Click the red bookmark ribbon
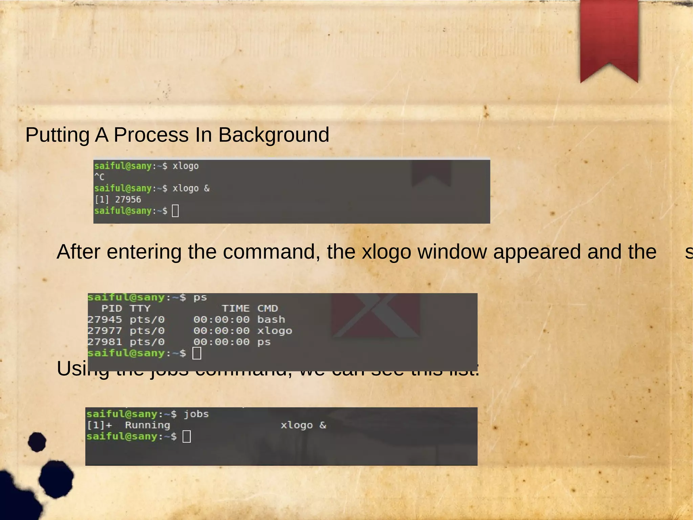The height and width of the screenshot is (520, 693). (609, 37)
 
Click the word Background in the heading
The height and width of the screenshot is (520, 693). (273, 135)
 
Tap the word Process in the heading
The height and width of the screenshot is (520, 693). (151, 135)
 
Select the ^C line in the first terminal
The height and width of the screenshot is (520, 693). (99, 177)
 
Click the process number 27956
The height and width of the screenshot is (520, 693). (128, 200)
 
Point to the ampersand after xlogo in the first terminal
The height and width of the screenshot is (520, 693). (207, 188)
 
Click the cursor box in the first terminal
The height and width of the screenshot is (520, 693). (175, 211)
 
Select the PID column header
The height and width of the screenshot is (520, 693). (112, 309)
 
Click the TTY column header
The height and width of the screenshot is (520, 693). (140, 309)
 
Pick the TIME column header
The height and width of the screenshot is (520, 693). (236, 309)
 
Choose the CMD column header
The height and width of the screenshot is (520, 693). (267, 309)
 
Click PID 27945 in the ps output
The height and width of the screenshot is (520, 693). (105, 320)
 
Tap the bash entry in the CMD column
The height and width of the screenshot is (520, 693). (271, 320)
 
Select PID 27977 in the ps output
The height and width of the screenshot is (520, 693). (105, 331)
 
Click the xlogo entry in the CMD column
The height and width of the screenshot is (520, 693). (274, 331)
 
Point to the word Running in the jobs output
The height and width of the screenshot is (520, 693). (148, 425)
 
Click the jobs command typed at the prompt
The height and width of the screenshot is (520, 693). (196, 414)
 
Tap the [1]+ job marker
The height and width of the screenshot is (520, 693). (99, 425)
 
